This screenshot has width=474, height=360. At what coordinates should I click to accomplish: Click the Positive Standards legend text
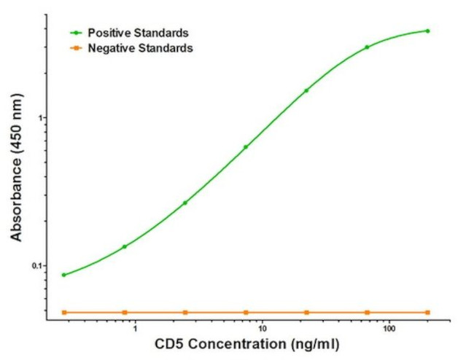tap(138, 33)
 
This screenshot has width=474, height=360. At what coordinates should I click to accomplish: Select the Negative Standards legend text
tap(140, 48)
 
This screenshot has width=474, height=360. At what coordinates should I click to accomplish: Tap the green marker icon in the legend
tap(74, 33)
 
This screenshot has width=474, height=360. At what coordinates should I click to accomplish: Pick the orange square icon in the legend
tap(74, 48)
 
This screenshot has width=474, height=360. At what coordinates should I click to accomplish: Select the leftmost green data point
tap(64, 275)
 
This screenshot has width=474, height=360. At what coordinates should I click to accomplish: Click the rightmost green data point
tap(427, 31)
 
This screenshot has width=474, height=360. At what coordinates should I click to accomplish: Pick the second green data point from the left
tap(125, 246)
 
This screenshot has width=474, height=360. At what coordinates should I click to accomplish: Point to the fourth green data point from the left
tap(246, 146)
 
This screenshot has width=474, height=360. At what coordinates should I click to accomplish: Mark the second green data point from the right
tap(367, 47)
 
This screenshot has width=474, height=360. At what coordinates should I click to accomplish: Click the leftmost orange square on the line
tap(64, 312)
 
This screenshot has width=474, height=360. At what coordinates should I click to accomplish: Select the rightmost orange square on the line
tap(427, 312)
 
